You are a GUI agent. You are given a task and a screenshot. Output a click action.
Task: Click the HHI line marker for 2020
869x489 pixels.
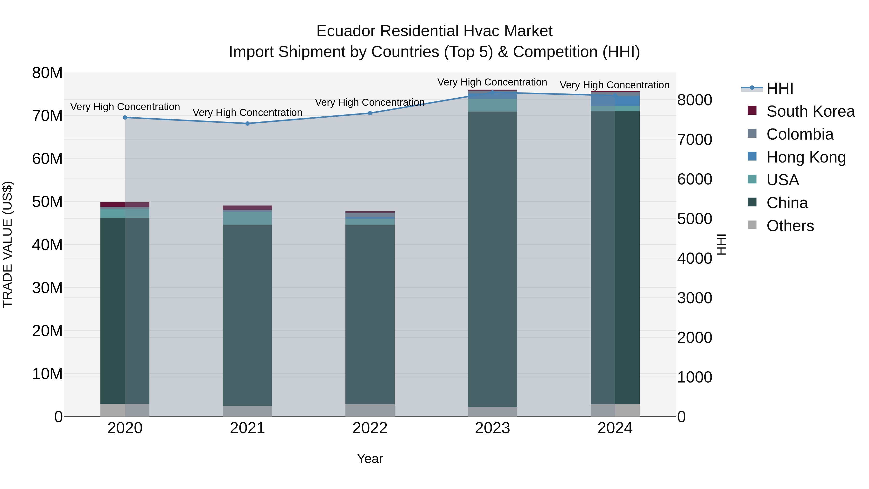[125, 117]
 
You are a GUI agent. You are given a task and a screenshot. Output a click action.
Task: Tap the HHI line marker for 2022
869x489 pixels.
[370, 113]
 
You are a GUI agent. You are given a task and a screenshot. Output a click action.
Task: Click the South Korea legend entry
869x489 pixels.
[810, 111]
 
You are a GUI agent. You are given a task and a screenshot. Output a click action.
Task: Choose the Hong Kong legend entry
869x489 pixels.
[806, 157]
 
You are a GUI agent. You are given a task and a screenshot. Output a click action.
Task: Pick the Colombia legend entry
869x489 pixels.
[799, 134]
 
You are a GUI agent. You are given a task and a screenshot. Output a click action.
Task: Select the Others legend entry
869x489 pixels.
[790, 226]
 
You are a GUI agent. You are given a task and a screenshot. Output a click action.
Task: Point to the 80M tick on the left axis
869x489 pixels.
[47, 73]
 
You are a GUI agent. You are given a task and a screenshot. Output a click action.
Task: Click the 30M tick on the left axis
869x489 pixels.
[47, 288]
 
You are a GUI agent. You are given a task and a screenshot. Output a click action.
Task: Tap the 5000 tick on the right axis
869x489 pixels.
[694, 219]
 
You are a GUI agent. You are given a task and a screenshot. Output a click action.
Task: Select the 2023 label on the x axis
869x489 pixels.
[492, 428]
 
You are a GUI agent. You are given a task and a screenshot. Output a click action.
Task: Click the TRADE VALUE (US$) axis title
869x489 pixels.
[7, 244]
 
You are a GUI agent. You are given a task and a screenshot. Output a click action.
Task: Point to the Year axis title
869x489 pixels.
[370, 459]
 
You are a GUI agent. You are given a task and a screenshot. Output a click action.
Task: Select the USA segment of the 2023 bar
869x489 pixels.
[492, 105]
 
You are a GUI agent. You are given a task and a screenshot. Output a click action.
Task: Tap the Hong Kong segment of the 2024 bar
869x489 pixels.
[615, 100]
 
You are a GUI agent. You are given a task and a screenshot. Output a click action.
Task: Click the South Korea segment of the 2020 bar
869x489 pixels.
[125, 204]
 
